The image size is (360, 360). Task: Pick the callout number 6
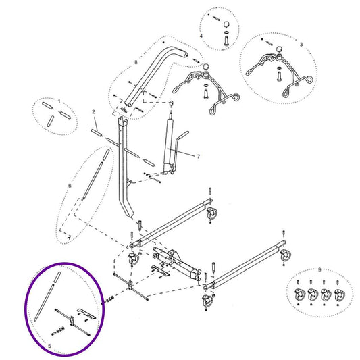pyautogui.click(x=70, y=184)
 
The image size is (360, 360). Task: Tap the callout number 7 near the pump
pyautogui.click(x=199, y=156)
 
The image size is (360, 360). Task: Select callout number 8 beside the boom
pyautogui.click(x=136, y=62)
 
